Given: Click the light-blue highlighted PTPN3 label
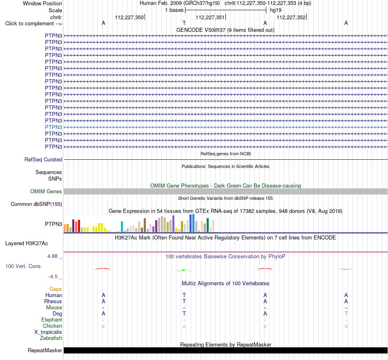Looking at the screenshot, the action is (54, 127).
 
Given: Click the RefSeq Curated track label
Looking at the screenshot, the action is (43, 160).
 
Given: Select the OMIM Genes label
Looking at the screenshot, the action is (46, 191).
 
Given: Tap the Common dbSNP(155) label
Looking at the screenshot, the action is (36, 204).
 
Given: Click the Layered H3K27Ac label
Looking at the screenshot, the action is (27, 244).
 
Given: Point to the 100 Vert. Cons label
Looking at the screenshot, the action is (23, 266).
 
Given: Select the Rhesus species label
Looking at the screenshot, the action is (53, 302).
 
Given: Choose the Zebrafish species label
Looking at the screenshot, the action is (51, 338).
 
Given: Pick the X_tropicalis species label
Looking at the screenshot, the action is (48, 332).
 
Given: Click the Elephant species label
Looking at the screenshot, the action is (51, 320).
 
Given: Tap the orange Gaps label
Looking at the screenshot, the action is (56, 289).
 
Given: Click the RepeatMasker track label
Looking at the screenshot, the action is (45, 351).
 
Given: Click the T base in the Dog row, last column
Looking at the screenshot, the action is (346, 314).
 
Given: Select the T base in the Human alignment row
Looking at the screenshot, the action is (184, 295).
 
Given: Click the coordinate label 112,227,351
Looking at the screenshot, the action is (210, 17).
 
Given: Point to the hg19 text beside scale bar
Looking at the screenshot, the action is (276, 10).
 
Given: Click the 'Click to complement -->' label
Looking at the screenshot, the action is (33, 24).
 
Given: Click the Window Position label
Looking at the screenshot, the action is (42, 3).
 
